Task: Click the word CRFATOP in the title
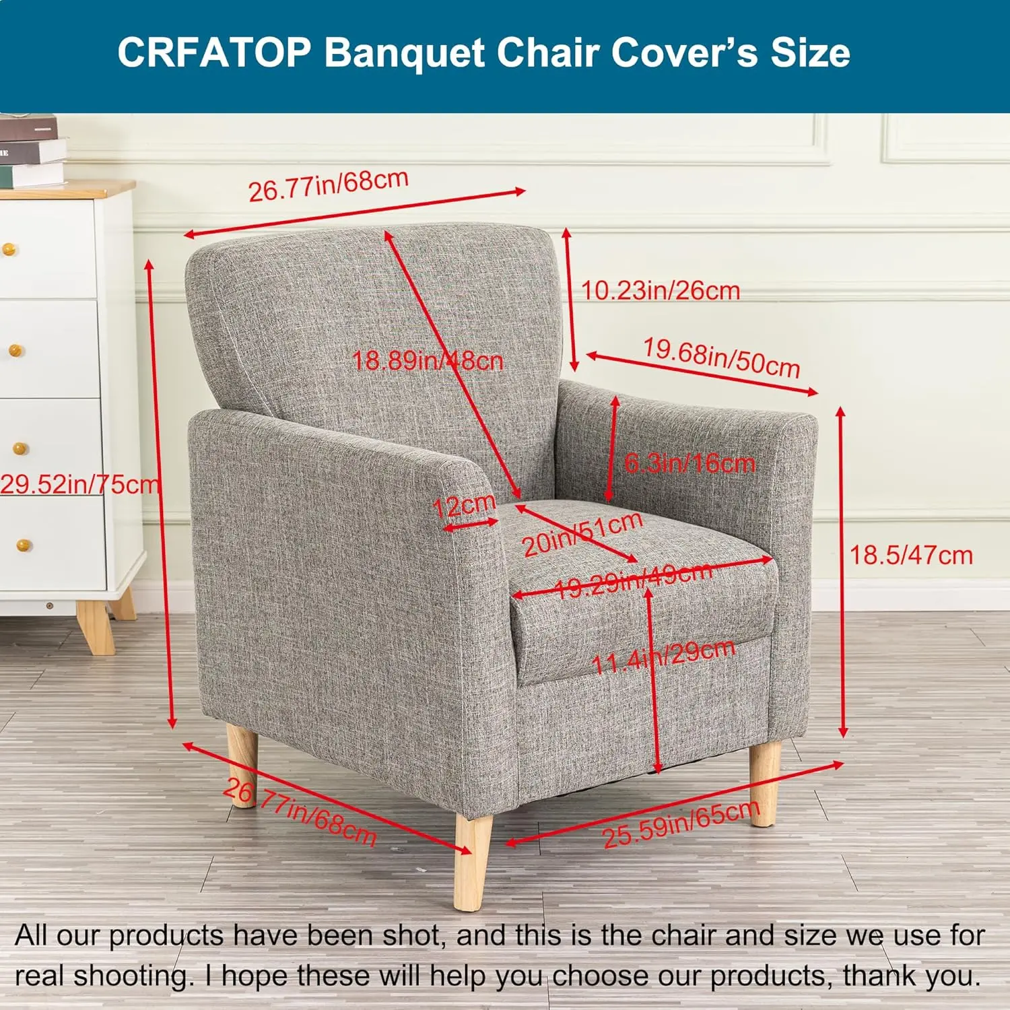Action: pyautogui.click(x=214, y=53)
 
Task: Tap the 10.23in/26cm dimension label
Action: pyautogui.click(x=661, y=290)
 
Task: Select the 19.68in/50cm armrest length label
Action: pyautogui.click(x=721, y=358)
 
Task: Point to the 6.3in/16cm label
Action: pyautogui.click(x=689, y=463)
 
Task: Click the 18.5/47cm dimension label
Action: pyautogui.click(x=911, y=555)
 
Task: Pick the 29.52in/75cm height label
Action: pyautogui.click(x=79, y=484)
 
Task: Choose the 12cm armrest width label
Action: pyautogui.click(x=464, y=506)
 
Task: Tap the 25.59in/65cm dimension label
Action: pyautogui.click(x=681, y=825)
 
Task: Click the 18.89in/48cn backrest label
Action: pyautogui.click(x=428, y=361)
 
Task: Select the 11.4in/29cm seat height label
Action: pyautogui.click(x=663, y=656)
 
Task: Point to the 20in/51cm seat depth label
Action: pyautogui.click(x=582, y=534)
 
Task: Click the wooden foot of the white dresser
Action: pyautogui.click(x=96, y=626)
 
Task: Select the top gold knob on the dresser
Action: pyautogui.click(x=8, y=250)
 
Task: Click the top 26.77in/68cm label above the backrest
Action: pyautogui.click(x=329, y=185)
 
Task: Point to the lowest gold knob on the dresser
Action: pyautogui.click(x=24, y=545)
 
